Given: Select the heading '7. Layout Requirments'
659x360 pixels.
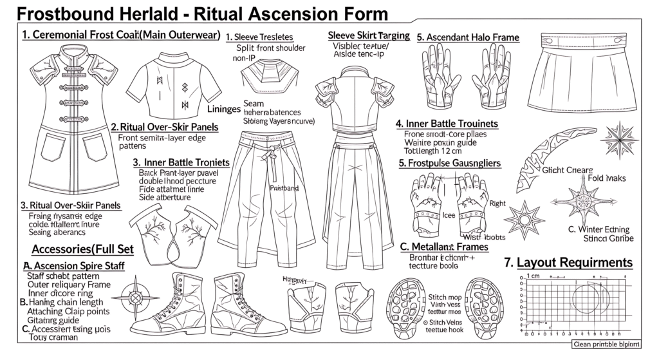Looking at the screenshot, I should (x=568, y=262).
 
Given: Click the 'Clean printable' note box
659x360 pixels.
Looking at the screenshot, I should (x=612, y=345).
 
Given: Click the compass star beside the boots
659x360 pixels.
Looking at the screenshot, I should (x=136, y=298).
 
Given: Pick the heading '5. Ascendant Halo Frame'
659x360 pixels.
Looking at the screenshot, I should (x=468, y=37).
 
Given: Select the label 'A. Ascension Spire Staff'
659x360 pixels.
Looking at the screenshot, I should (x=73, y=265).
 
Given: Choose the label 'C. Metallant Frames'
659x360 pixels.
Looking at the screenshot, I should (x=444, y=247).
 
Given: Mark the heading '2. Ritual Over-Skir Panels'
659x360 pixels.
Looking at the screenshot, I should (x=165, y=127).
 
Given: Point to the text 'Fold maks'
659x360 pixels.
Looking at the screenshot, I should (x=607, y=177).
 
